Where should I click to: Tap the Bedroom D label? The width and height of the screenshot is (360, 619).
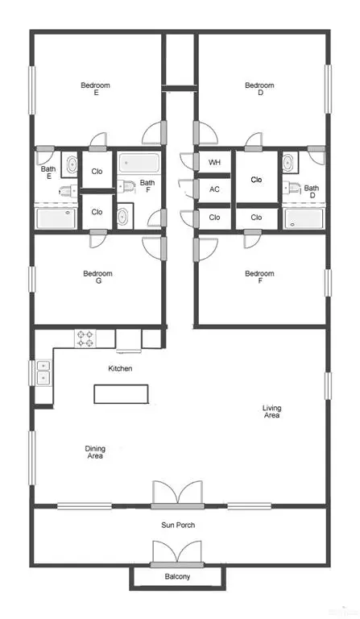pyautogui.click(x=259, y=89)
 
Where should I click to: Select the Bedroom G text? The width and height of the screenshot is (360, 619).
pyautogui.click(x=97, y=277)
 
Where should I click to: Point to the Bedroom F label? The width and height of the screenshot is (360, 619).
pyautogui.click(x=259, y=277)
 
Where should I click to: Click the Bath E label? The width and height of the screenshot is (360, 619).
pyautogui.click(x=48, y=172)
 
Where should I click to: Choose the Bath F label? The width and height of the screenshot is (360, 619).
pyautogui.click(x=147, y=186)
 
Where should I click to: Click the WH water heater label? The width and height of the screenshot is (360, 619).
pyautogui.click(x=214, y=163)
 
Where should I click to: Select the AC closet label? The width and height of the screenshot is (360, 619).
pyautogui.click(x=214, y=189)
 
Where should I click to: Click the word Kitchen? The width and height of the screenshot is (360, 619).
pyautogui.click(x=120, y=368)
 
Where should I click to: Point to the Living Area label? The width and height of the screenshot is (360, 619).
pyautogui.click(x=271, y=412)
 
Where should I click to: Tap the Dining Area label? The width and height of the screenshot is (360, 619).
pyautogui.click(x=95, y=452)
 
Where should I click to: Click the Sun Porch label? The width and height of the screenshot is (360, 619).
pyautogui.click(x=178, y=526)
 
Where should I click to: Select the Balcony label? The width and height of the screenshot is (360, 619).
pyautogui.click(x=178, y=576)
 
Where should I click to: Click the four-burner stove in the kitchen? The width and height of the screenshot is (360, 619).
pyautogui.click(x=85, y=339)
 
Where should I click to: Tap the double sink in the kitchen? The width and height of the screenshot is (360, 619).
pyautogui.click(x=42, y=372)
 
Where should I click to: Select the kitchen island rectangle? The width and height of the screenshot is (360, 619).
pyautogui.click(x=121, y=393)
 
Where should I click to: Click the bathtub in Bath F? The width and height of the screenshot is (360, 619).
pyautogui.click(x=139, y=164)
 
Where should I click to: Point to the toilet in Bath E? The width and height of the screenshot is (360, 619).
pyautogui.click(x=66, y=190)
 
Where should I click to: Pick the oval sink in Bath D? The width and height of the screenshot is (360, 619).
pyautogui.click(x=288, y=162)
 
